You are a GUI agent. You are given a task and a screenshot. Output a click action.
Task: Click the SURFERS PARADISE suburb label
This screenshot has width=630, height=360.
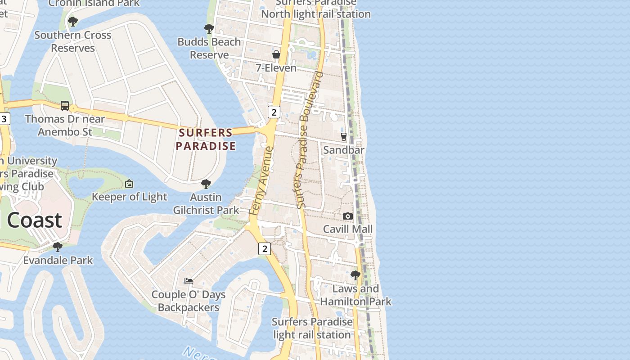[206, 139]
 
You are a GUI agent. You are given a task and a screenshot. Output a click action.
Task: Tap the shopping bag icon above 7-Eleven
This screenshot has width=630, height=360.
[276, 54]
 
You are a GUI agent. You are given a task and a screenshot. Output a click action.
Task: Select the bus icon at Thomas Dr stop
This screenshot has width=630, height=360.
[65, 106]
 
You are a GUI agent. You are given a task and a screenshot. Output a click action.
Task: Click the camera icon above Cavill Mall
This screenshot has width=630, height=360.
[347, 216]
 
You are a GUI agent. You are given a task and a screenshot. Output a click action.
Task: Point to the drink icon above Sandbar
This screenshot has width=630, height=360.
[344, 136]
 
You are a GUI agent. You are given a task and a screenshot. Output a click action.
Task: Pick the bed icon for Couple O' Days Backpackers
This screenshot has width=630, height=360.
[189, 281]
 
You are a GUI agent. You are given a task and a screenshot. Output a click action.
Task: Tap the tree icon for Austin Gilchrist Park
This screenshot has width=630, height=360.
[206, 184]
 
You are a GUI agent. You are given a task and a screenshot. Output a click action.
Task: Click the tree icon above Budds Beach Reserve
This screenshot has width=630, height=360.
[209, 29]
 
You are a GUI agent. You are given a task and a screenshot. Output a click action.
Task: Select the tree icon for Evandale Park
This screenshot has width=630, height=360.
[58, 247]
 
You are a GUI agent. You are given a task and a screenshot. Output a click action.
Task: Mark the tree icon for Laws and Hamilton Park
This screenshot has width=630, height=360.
[355, 275]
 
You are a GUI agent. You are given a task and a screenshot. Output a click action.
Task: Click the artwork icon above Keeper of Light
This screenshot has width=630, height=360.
[129, 184]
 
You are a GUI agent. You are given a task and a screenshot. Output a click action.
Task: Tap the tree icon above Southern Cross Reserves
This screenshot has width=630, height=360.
[72, 21]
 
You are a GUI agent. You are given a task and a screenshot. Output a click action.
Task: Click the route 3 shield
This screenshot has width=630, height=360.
[4, 119]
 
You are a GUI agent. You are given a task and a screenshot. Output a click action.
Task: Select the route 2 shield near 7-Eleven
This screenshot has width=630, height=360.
[274, 112]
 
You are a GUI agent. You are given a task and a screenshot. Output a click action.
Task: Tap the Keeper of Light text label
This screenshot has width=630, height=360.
[129, 197]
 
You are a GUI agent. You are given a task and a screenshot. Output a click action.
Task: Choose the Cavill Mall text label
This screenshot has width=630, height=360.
[348, 229]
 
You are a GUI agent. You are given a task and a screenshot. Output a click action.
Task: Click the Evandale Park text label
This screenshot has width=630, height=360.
[58, 260]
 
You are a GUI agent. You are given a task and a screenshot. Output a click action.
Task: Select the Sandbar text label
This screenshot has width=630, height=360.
[344, 150]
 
